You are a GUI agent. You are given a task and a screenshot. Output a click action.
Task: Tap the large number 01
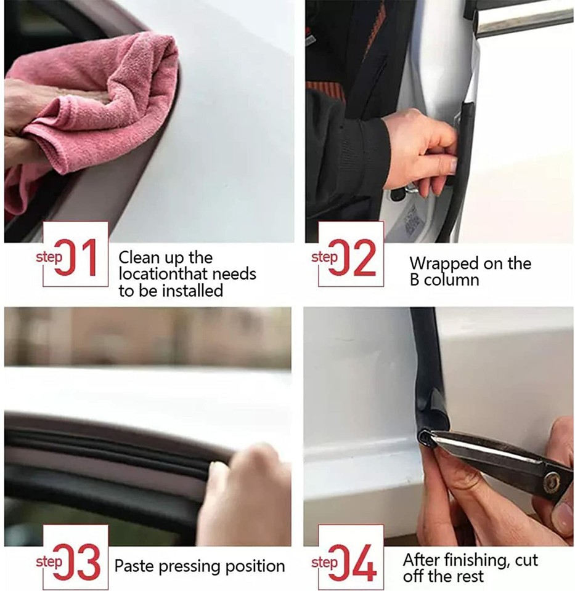pyautogui.click(x=84, y=258)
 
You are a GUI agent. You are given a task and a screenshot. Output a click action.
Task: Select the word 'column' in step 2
pyautogui.click(x=454, y=280)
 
